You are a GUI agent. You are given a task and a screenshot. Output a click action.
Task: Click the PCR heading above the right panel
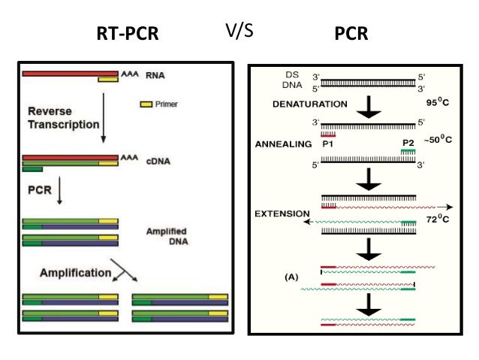coord(351,34)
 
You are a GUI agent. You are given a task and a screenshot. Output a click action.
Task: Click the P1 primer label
coord(327,141)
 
